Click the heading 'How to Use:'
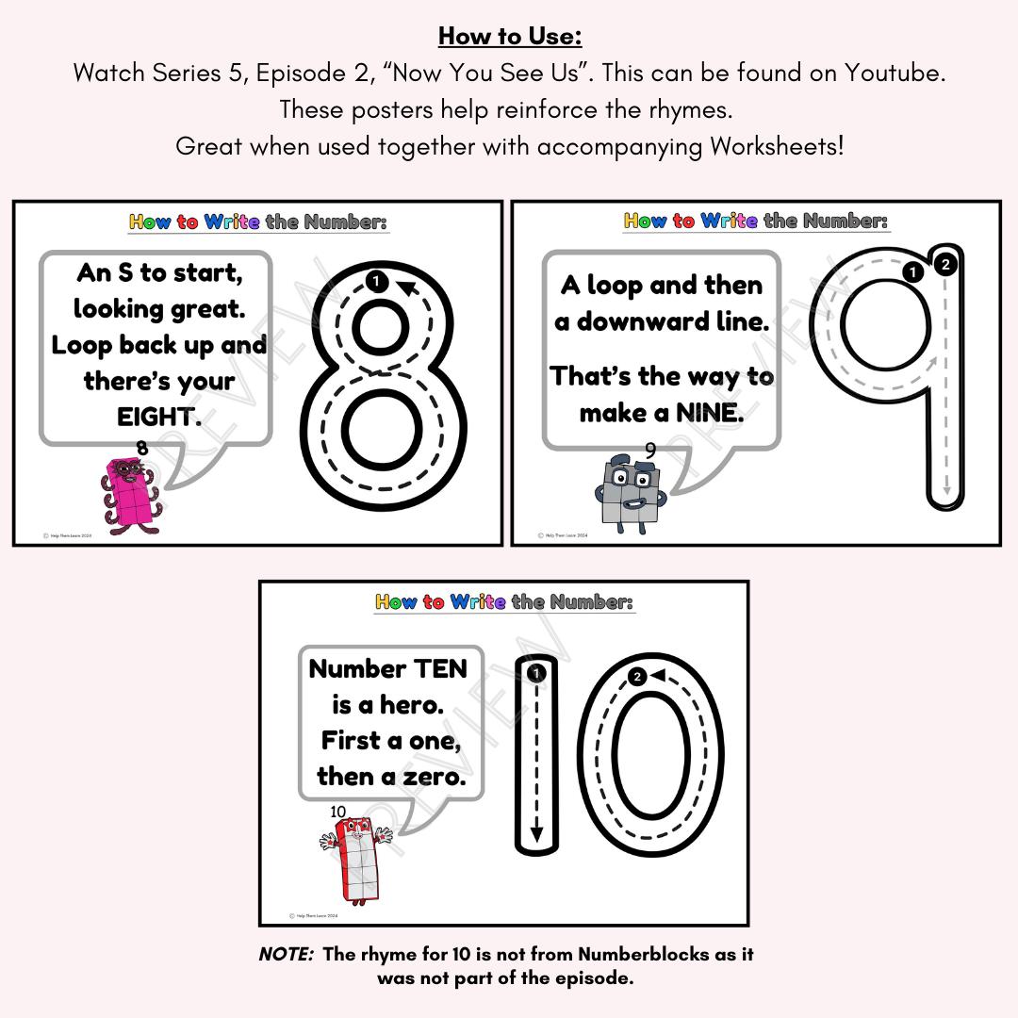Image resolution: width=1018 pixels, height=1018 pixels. (x=509, y=37)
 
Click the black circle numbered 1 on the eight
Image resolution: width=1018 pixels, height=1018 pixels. (x=375, y=280)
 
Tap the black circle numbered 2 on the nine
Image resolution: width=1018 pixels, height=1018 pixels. (x=945, y=265)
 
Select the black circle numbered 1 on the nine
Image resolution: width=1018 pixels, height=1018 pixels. (x=911, y=272)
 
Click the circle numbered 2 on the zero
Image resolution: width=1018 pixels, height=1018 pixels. (x=637, y=676)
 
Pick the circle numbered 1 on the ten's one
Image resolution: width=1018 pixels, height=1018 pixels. (x=536, y=672)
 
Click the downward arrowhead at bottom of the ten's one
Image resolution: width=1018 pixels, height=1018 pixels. (x=536, y=833)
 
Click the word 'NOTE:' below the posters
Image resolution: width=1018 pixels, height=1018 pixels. (x=287, y=954)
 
